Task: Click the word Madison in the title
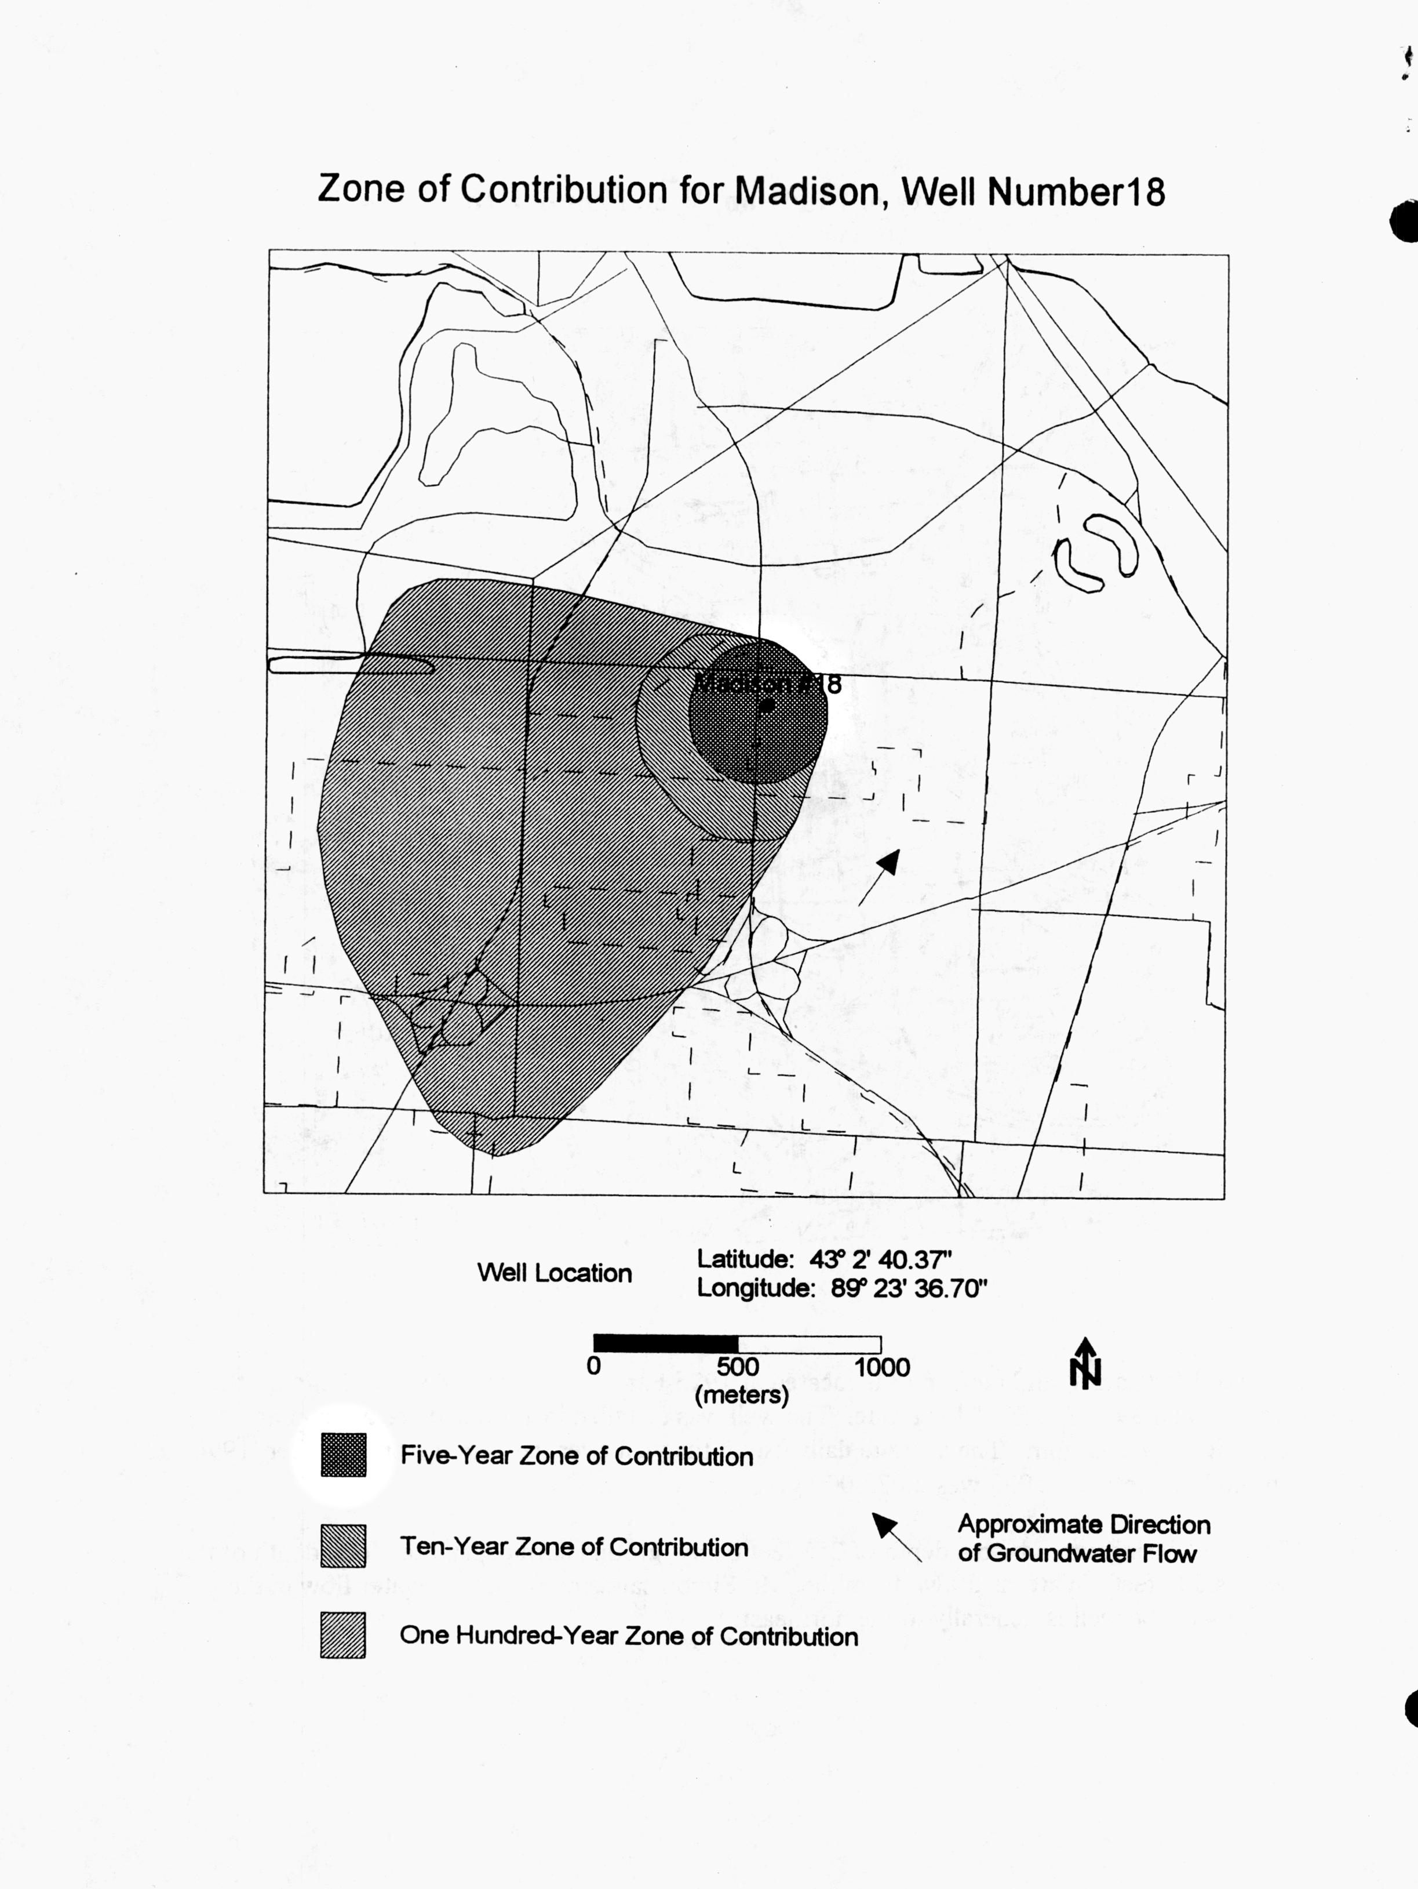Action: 807,190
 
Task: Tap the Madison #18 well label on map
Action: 767,684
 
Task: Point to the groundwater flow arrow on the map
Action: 878,877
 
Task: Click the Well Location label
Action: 554,1273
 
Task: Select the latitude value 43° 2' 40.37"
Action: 879,1259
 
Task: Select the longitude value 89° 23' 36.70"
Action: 908,1288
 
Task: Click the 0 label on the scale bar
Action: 593,1367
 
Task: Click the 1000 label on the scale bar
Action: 882,1367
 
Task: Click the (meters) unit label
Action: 741,1396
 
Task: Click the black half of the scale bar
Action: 665,1343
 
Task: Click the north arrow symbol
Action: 1085,1364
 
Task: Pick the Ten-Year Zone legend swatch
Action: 343,1546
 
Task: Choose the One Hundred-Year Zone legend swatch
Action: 343,1636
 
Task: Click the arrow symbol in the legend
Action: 895,1536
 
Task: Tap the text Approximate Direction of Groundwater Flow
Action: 1082,1538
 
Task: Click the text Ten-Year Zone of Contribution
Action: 574,1546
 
